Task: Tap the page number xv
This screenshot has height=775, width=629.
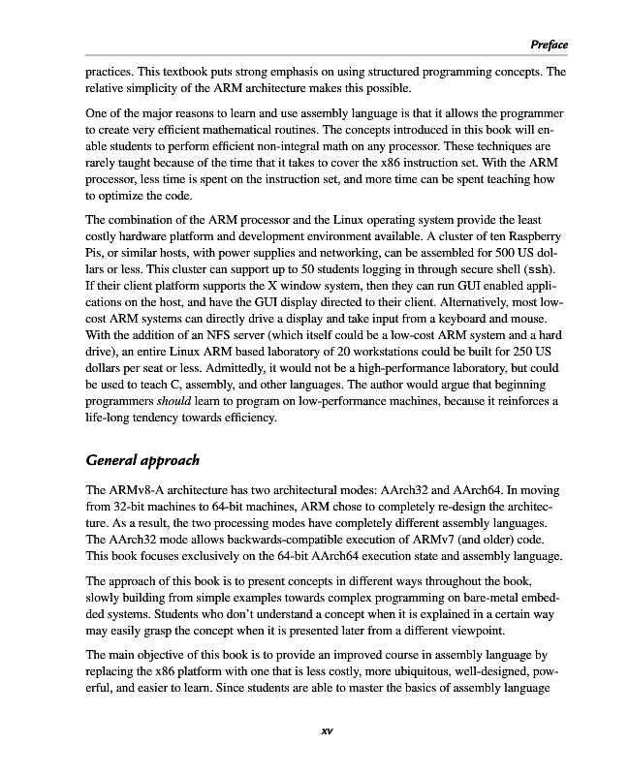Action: pyautogui.click(x=326, y=731)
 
